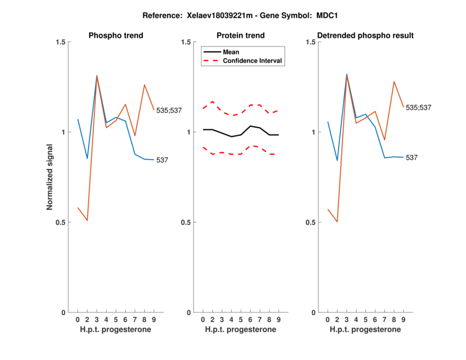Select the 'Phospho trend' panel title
tap(116, 36)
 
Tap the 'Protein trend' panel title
tap(241, 36)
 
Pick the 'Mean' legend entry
tap(231, 52)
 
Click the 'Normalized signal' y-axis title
tap(51, 177)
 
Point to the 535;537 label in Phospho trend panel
tap(168, 110)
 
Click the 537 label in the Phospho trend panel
tap(162, 160)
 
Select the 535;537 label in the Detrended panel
tap(418, 108)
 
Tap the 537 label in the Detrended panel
tap(412, 158)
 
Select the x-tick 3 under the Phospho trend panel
tap(97, 319)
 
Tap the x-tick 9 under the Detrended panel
tap(404, 319)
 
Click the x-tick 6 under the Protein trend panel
tap(250, 319)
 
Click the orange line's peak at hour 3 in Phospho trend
tap(97, 76)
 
